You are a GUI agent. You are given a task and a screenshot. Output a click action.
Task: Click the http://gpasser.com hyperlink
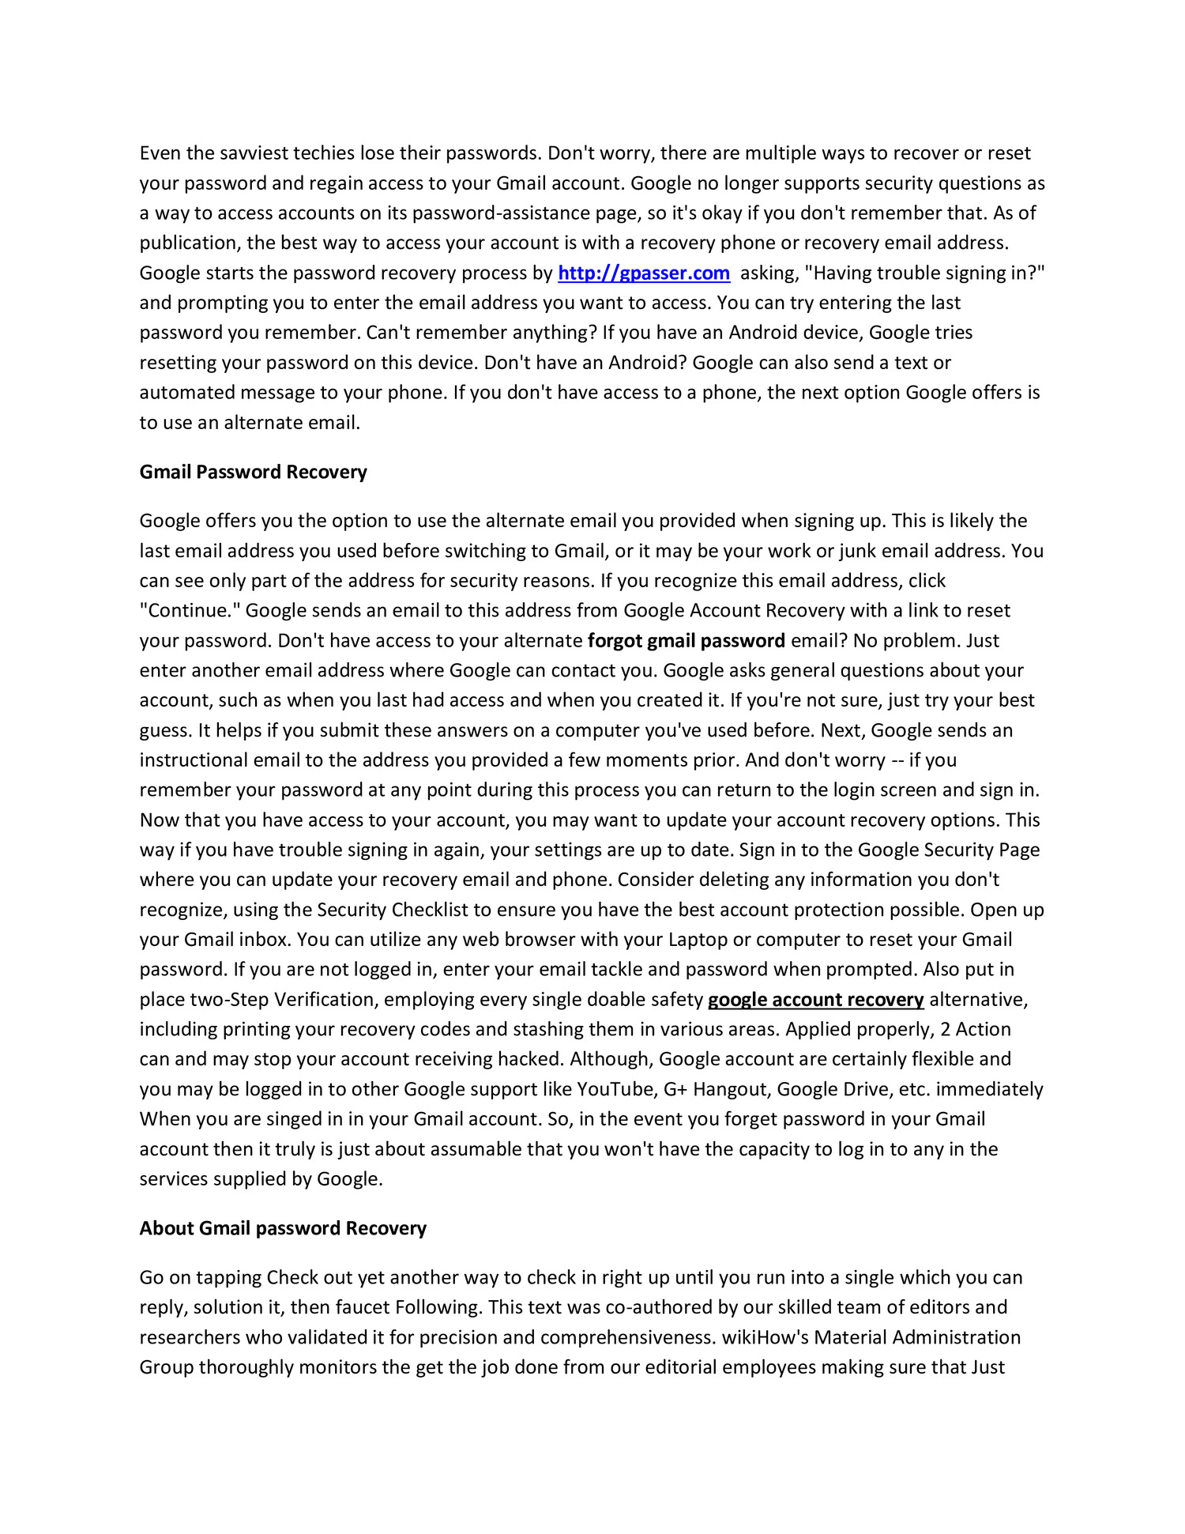point(643,273)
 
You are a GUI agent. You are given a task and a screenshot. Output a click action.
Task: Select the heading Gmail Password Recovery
point(253,473)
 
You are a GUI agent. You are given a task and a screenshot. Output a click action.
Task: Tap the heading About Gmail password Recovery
point(283,1228)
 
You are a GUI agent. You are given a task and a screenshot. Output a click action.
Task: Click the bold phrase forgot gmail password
point(686,641)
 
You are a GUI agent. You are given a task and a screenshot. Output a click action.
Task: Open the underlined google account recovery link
point(815,1000)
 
